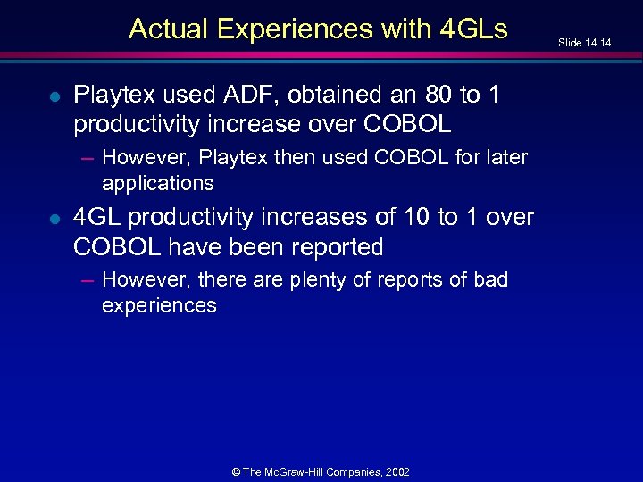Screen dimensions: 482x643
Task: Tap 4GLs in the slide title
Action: tap(474, 29)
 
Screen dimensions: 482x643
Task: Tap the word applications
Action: tap(158, 184)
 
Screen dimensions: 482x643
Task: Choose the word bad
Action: tap(490, 279)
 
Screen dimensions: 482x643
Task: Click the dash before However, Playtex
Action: tap(86, 159)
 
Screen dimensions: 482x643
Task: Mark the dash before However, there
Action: tap(86, 280)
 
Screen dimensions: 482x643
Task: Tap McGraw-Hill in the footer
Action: tap(313, 470)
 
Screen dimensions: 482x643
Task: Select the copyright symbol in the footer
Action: tap(236, 470)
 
